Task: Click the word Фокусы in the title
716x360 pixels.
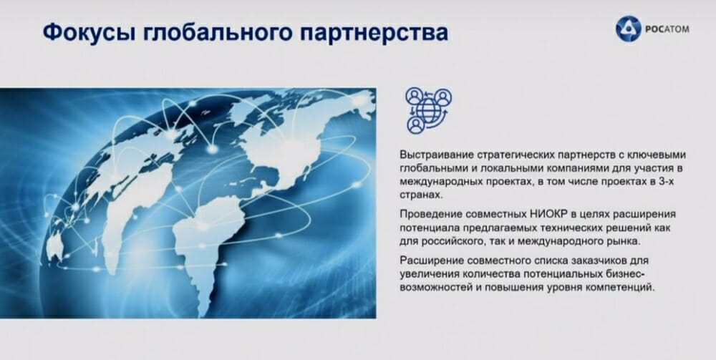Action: [x=89, y=34]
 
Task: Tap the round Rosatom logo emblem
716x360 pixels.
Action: [x=629, y=29]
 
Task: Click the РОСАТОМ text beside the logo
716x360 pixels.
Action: [x=667, y=29]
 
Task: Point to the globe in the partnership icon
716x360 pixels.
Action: [x=428, y=111]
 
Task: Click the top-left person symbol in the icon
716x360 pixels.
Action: [x=414, y=97]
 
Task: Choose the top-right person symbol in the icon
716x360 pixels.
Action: [x=442, y=97]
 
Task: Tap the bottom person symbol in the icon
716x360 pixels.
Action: [x=415, y=125]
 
